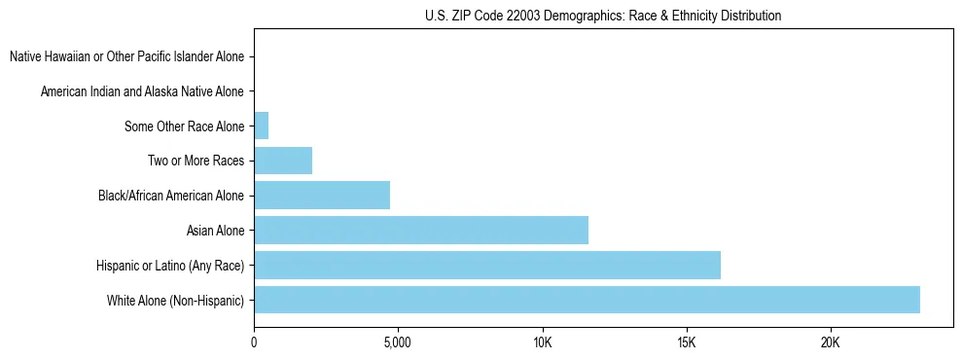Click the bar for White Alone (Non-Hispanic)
[587, 300]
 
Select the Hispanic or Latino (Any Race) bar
[486, 265]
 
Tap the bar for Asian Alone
[420, 230]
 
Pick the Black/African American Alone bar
[321, 195]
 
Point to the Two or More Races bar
[282, 161]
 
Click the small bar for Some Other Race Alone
[261, 126]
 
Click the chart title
[603, 16]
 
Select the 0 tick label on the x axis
[254, 342]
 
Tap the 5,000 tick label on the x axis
[398, 342]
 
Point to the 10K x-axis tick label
[542, 342]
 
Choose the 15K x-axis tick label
[686, 342]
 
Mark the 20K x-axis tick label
[830, 342]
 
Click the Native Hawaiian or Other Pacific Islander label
[126, 56]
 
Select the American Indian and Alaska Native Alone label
[142, 91]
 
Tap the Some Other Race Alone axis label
[184, 126]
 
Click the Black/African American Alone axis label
[170, 196]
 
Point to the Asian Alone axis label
[215, 231]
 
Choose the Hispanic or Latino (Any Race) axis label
[170, 266]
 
